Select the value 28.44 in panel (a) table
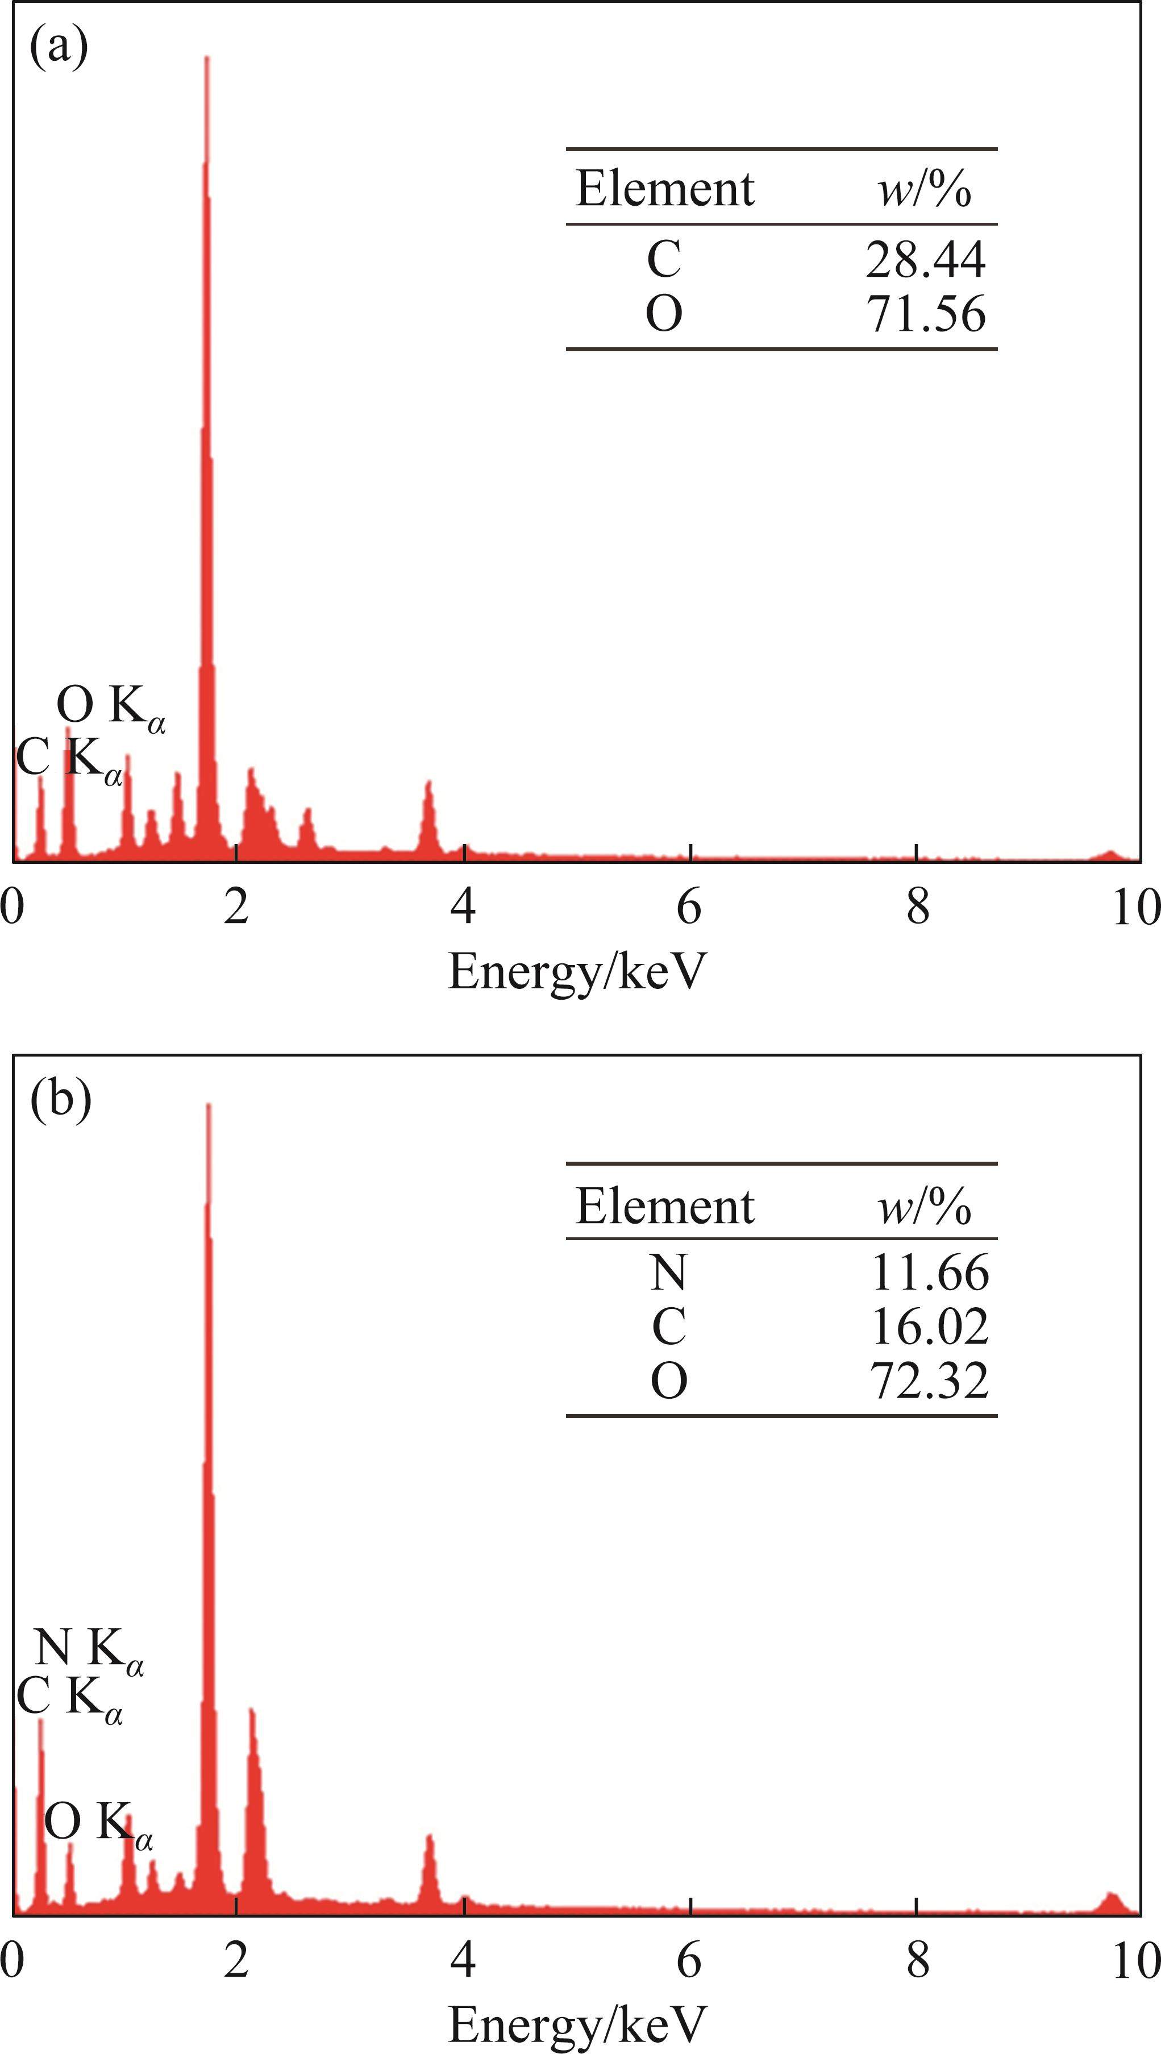click(x=925, y=260)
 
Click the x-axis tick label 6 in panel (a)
click(x=689, y=907)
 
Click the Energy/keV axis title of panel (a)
click(x=578, y=971)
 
